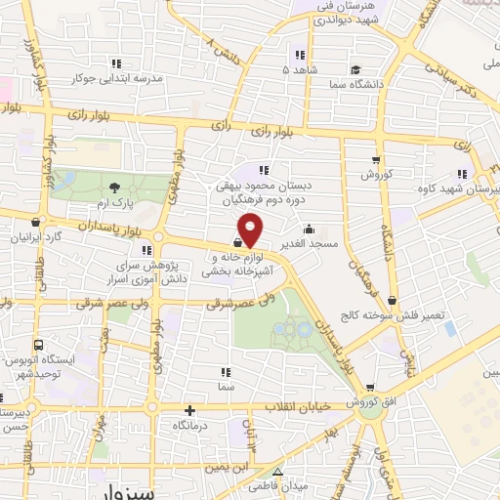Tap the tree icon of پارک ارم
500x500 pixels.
coord(116,187)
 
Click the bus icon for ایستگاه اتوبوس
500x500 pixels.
coord(38,345)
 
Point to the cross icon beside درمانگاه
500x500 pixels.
coord(191,412)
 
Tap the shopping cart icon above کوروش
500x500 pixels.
coord(376,160)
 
